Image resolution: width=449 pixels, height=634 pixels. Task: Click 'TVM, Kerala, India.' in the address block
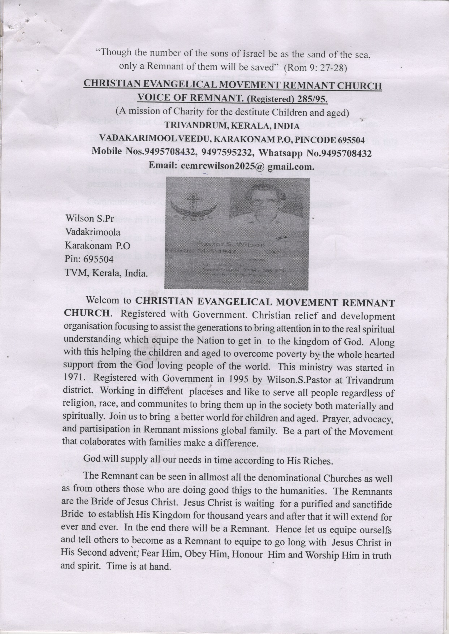click(x=106, y=273)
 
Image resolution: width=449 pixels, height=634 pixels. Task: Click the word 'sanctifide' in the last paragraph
click(x=369, y=503)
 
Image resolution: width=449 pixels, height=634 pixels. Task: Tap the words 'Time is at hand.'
click(x=138, y=566)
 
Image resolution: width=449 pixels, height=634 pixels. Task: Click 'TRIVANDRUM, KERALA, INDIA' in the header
click(x=232, y=126)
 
